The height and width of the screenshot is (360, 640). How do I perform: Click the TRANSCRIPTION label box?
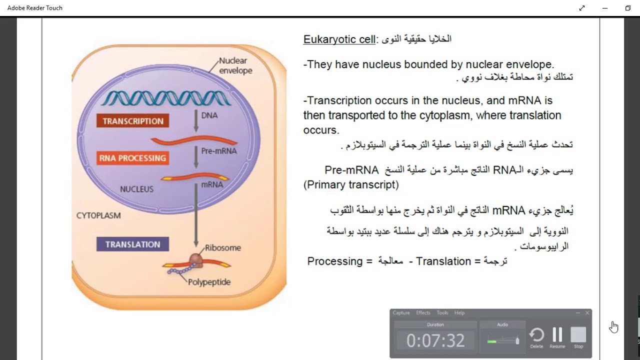pyautogui.click(x=133, y=121)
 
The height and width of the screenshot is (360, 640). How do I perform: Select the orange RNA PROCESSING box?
pyautogui.click(x=132, y=158)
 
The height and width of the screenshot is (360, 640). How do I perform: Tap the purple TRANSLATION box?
pyautogui.click(x=132, y=244)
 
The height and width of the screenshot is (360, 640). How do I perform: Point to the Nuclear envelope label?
pyautogui.click(x=235, y=65)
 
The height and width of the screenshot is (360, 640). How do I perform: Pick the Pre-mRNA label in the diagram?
pyautogui.click(x=218, y=150)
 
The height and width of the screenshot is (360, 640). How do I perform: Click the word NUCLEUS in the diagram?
pyautogui.click(x=136, y=189)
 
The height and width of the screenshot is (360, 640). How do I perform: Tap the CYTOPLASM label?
pyautogui.click(x=98, y=215)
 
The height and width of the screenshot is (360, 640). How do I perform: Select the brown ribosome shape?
pyautogui.click(x=195, y=259)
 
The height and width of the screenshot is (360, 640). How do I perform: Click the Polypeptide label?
pyautogui.click(x=209, y=282)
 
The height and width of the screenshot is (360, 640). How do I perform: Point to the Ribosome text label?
pyautogui.click(x=222, y=247)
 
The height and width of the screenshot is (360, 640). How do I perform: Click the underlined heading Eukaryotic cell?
pyautogui.click(x=339, y=39)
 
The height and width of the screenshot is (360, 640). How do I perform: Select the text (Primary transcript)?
pyautogui.click(x=351, y=184)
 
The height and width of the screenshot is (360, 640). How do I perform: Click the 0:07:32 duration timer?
pyautogui.click(x=435, y=340)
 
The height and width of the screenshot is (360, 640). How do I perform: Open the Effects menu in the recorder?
pyautogui.click(x=423, y=313)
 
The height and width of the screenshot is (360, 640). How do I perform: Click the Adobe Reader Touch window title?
pyautogui.click(x=35, y=8)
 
